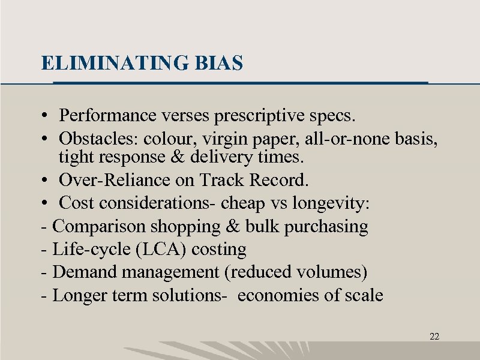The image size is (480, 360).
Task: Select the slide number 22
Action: (x=434, y=337)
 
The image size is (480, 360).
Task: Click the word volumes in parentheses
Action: (x=332, y=272)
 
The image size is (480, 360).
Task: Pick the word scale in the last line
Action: (x=362, y=295)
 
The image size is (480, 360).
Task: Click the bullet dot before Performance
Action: (x=46, y=114)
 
